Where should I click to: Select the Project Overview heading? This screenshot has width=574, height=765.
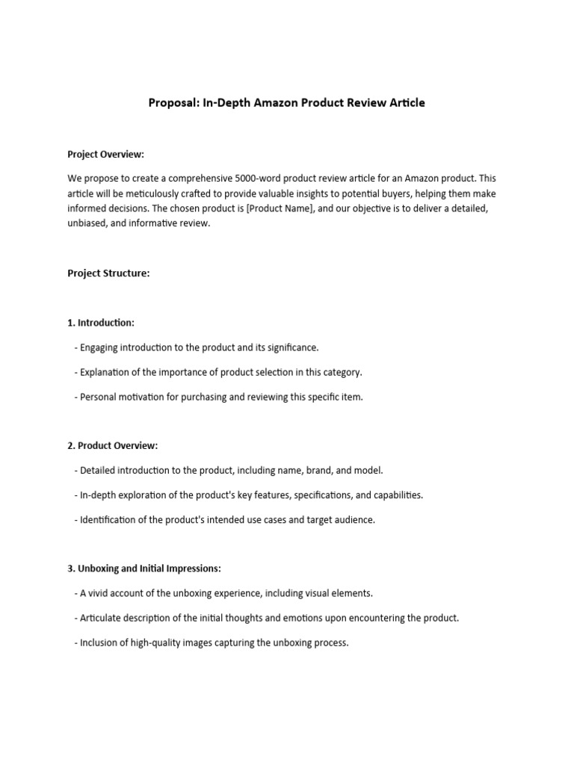click(x=105, y=155)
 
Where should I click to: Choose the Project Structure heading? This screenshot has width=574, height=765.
click(x=108, y=273)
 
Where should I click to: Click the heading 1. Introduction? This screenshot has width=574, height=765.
click(x=101, y=323)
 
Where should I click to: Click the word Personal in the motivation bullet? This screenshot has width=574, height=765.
click(x=98, y=397)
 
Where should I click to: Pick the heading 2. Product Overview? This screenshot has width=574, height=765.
click(x=112, y=446)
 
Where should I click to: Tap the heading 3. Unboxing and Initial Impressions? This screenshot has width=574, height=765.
click(x=144, y=569)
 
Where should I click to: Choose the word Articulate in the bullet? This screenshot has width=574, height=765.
click(x=102, y=619)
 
